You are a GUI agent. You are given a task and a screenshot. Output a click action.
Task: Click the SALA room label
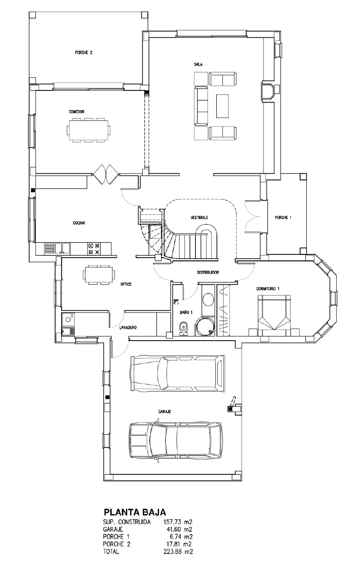click(198, 64)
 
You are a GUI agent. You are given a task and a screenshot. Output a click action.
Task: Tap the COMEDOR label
click(76, 112)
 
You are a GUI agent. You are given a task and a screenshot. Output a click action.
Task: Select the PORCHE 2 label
click(84, 53)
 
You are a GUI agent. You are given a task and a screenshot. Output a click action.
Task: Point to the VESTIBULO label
click(199, 218)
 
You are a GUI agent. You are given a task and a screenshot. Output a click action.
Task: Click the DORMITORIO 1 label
click(268, 288)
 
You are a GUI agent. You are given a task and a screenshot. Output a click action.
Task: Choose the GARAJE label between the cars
click(165, 411)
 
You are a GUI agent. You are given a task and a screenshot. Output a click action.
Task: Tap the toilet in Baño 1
click(184, 328)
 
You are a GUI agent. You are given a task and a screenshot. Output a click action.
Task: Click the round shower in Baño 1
click(205, 326)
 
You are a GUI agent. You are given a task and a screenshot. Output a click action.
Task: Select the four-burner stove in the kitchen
click(94, 249)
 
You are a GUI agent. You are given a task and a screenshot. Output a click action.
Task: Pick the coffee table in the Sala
click(222, 106)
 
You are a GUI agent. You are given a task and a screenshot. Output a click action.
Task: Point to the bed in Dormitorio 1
click(274, 315)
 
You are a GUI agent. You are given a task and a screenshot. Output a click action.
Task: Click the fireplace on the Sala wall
click(268, 91)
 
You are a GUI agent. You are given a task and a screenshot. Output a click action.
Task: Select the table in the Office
click(98, 274)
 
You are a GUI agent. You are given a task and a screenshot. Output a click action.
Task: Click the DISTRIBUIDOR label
click(208, 272)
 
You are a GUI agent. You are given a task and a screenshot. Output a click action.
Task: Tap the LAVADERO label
click(128, 328)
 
